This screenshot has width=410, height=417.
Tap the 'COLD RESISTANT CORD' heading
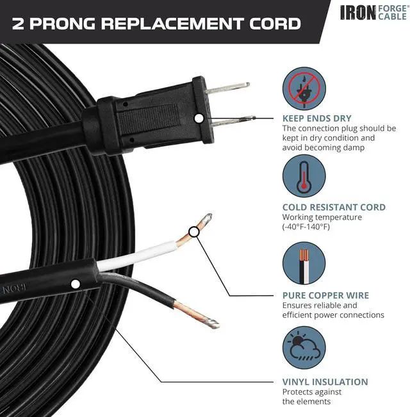(334, 208)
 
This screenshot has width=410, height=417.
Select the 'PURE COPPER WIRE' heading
(325, 296)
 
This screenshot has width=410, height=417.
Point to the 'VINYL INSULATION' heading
(325, 382)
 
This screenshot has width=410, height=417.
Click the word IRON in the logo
(357, 12)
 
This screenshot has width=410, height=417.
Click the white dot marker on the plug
(199, 119)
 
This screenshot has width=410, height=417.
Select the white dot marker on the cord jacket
(76, 283)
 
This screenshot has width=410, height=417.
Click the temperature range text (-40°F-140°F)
(306, 227)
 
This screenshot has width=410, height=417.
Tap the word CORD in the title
(270, 24)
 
